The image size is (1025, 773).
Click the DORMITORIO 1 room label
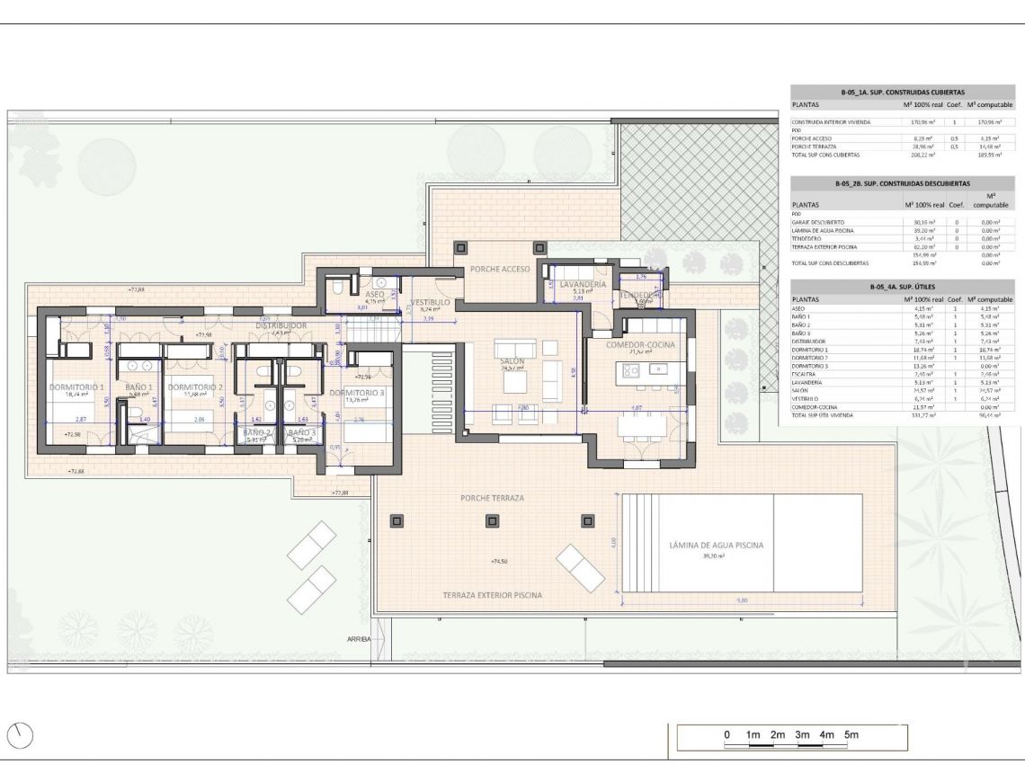tap(77, 387)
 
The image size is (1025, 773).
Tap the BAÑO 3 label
tap(302, 432)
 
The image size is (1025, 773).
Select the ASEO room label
tap(375, 294)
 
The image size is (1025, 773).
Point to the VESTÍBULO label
tap(430, 303)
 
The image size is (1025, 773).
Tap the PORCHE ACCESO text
tap(498, 269)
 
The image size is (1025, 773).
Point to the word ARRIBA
tap(358, 639)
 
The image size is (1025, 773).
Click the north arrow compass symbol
tap(20, 736)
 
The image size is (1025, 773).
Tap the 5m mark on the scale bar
tap(850, 736)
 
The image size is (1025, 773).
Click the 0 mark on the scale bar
tap(726, 736)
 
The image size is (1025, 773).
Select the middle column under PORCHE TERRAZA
tap(492, 520)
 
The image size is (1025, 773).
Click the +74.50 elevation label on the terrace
tap(499, 562)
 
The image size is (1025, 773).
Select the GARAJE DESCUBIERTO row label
tap(817, 222)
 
